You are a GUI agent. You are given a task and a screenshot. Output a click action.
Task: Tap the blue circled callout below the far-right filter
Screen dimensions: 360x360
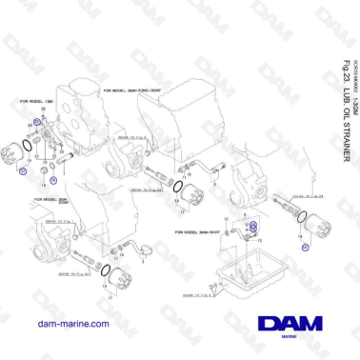307,245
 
